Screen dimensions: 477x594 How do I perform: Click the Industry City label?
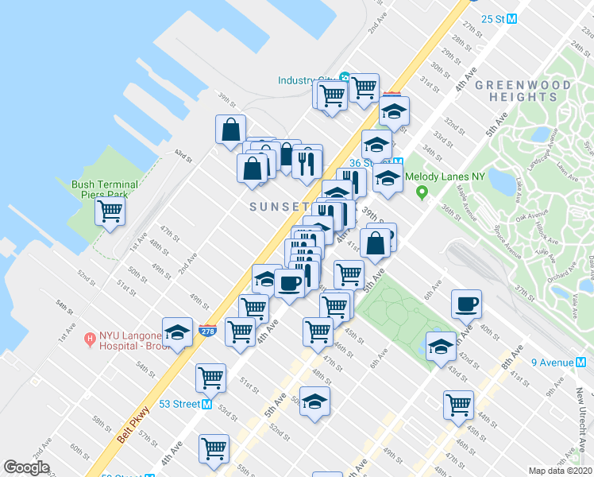307,79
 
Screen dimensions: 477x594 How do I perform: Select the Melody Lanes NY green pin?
422,191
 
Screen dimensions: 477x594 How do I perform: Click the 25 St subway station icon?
512,18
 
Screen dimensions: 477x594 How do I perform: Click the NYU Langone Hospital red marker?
90,339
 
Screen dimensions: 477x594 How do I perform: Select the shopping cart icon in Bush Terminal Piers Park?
110,211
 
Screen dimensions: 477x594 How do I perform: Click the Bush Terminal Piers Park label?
105,189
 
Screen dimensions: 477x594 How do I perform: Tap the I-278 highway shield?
206,328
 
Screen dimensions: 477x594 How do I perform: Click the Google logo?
26,467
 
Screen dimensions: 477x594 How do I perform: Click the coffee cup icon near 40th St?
466,304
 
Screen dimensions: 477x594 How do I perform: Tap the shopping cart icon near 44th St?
458,405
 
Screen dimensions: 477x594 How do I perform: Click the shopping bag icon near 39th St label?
376,242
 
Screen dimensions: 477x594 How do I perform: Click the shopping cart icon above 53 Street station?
210,378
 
